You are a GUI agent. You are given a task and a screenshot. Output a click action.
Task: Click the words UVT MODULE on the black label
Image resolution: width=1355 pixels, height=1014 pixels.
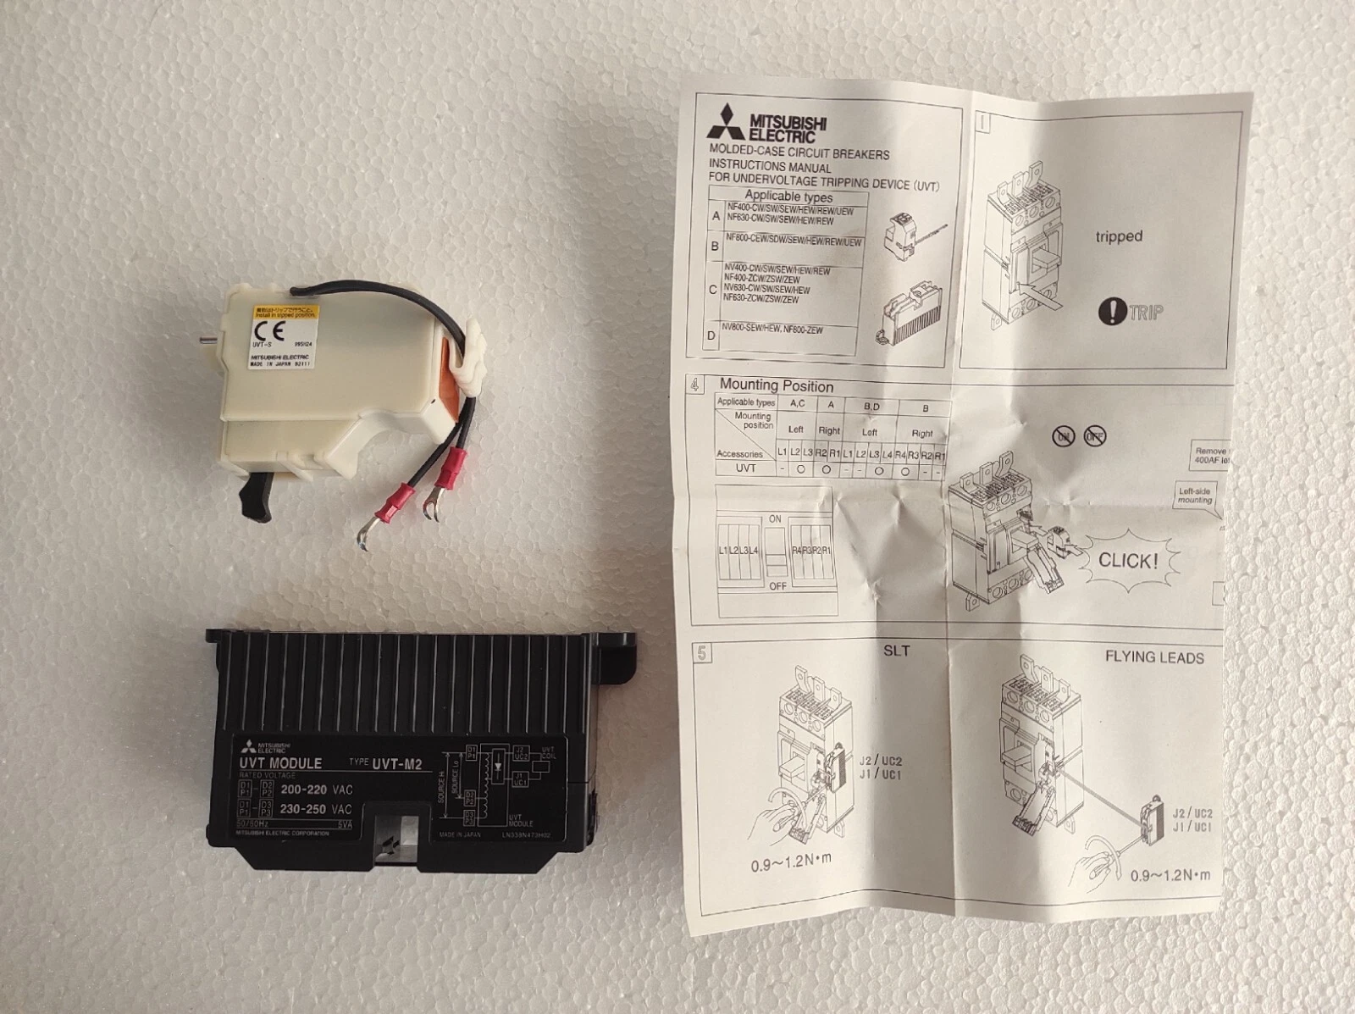280,763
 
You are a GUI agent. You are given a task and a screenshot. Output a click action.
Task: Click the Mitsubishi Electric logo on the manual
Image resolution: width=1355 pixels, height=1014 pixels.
767,124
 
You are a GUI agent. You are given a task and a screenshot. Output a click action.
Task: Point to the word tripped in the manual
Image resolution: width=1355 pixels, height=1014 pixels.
1118,236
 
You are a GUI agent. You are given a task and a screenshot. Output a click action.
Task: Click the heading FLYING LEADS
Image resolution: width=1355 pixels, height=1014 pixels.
1153,657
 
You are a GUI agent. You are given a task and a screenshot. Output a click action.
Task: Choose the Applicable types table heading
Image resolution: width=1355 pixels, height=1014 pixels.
788,196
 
